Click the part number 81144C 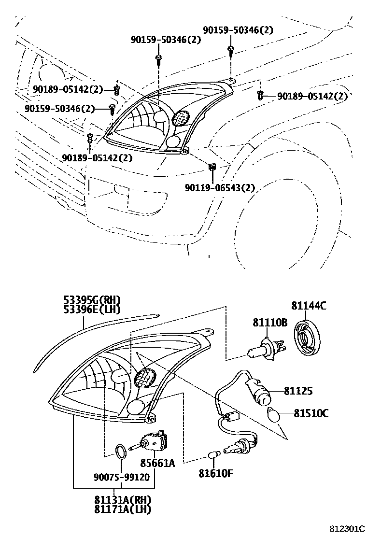309,305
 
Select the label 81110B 270,323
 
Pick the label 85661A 157,464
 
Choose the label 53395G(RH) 92,300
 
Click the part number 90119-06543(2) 219,188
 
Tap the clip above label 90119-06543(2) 212,167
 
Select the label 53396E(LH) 92,309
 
